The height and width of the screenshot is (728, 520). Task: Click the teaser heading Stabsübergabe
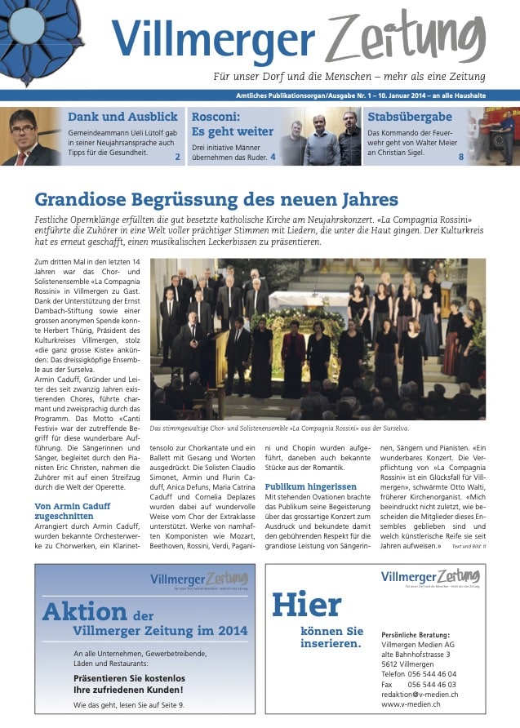[410, 117]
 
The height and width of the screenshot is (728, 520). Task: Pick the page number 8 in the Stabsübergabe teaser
[460, 157]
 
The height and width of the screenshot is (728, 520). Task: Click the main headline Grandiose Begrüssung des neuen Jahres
[216, 200]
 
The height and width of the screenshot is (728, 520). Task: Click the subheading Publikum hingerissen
[309, 486]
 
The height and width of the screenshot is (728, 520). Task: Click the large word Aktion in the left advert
[85, 611]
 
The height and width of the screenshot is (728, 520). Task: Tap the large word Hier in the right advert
[306, 606]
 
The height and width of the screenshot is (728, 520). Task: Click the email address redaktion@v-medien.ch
[420, 694]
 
